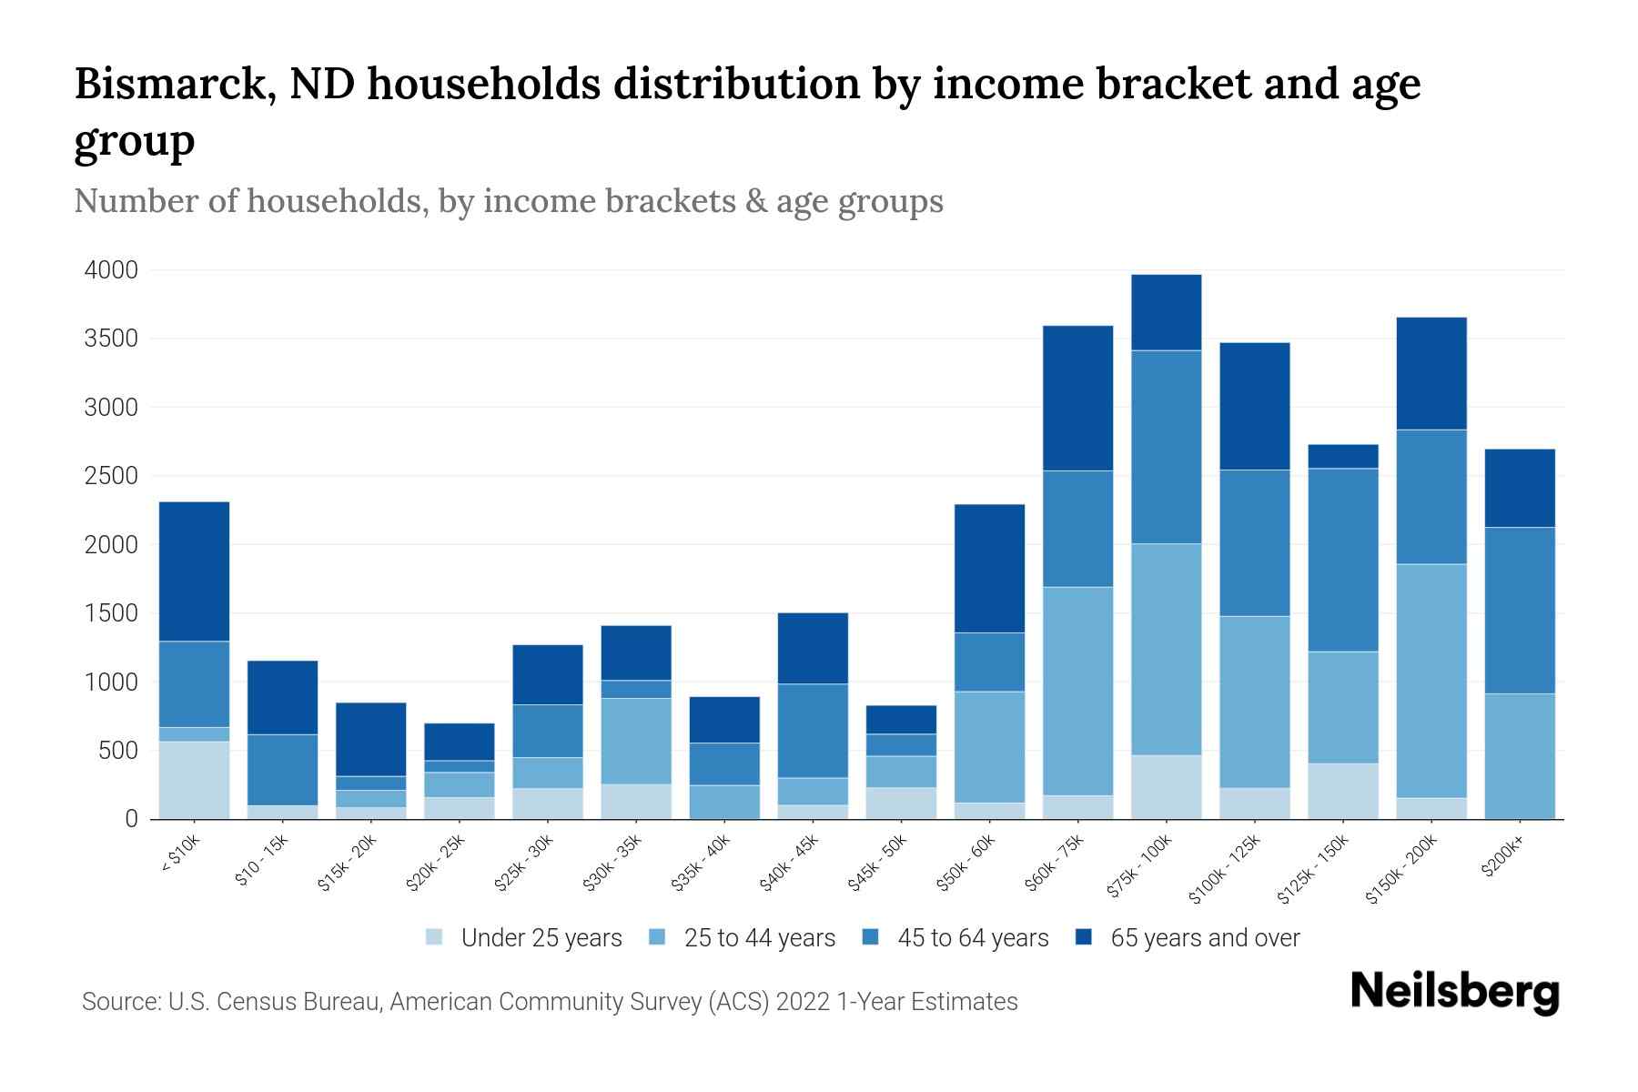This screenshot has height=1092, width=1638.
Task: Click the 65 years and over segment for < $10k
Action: tap(194, 571)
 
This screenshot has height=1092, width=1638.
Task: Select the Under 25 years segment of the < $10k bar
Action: tap(194, 780)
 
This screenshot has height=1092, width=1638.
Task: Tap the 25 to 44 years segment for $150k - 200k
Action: tap(1431, 681)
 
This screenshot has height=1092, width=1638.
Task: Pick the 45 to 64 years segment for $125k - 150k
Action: tap(1343, 560)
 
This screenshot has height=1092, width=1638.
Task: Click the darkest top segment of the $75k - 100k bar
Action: tap(1166, 312)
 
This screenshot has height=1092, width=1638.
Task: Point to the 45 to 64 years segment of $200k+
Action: tap(1520, 611)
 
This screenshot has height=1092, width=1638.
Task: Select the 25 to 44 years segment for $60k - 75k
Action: tap(1077, 691)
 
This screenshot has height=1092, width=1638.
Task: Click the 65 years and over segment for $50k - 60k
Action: tap(989, 569)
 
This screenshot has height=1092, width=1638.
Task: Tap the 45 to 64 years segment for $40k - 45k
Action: tap(813, 731)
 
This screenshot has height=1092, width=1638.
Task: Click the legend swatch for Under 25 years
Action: tap(434, 937)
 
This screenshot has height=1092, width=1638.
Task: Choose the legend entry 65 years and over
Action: tap(1204, 938)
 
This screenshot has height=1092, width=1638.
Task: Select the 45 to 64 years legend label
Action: tap(972, 938)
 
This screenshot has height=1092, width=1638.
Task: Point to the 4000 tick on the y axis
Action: tap(111, 270)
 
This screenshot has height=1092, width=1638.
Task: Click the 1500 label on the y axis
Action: tap(111, 613)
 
